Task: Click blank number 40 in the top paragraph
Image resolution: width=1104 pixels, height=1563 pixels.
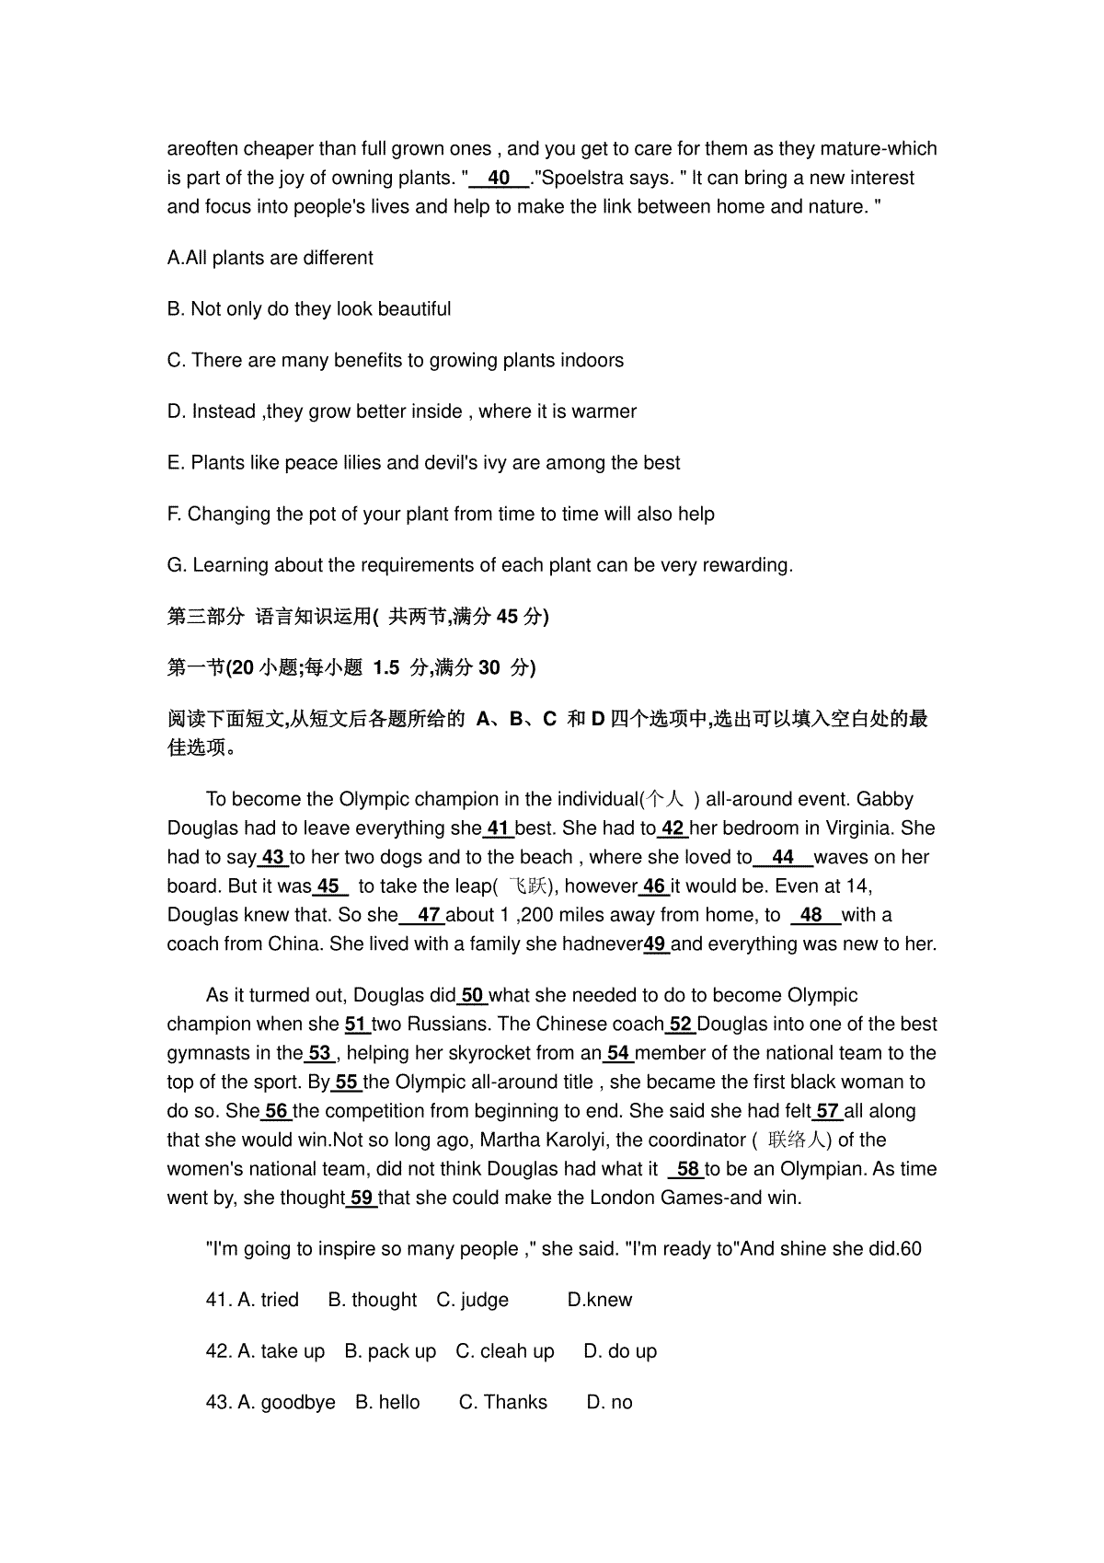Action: pyautogui.click(x=500, y=178)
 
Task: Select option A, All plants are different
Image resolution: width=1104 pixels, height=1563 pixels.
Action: pyautogui.click(x=270, y=258)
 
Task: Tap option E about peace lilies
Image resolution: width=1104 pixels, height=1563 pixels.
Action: pyautogui.click(x=423, y=462)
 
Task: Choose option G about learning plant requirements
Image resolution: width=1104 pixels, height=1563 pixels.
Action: pyautogui.click(x=479, y=565)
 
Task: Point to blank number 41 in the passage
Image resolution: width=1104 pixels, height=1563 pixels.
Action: pyautogui.click(x=499, y=828)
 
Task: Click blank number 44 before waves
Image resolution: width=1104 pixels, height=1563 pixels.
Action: pyautogui.click(x=783, y=857)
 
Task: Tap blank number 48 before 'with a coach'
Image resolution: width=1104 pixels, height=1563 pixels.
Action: pyautogui.click(x=811, y=915)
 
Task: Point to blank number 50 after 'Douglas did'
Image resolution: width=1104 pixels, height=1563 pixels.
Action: pyautogui.click(x=472, y=995)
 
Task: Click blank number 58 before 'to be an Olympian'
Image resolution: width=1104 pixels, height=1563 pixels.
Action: pyautogui.click(x=688, y=1169)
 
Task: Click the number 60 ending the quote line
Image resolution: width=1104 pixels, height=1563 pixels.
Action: pyautogui.click(x=910, y=1249)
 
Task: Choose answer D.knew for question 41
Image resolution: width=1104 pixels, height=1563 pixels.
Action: pyautogui.click(x=600, y=1300)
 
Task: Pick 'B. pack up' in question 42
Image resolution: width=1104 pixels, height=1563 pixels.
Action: pyautogui.click(x=390, y=1351)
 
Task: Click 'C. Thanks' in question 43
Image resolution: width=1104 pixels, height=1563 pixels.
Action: pyautogui.click(x=502, y=1402)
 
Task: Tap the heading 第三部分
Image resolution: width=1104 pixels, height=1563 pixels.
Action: pyautogui.click(x=206, y=617)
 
